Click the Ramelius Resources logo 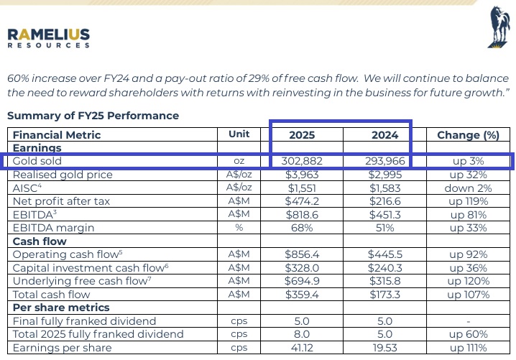click(50, 37)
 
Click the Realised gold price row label click(63, 175)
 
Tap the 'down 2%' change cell click(468, 188)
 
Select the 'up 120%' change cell click(468, 281)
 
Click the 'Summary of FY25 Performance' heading click(93, 115)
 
